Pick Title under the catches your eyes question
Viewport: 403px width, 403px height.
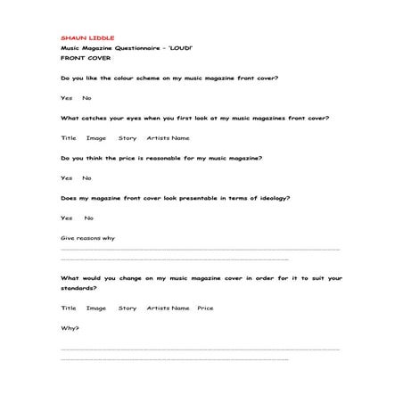point(69,137)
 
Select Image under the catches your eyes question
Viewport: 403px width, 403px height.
point(96,137)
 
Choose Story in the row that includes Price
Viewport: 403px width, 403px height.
point(127,308)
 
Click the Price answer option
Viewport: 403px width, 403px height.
point(205,308)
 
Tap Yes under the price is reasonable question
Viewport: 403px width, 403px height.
point(66,177)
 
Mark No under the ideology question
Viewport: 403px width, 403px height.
point(88,218)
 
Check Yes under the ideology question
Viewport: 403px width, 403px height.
point(66,218)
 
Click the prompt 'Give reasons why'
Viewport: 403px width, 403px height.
point(87,238)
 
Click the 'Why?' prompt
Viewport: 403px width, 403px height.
point(70,328)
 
